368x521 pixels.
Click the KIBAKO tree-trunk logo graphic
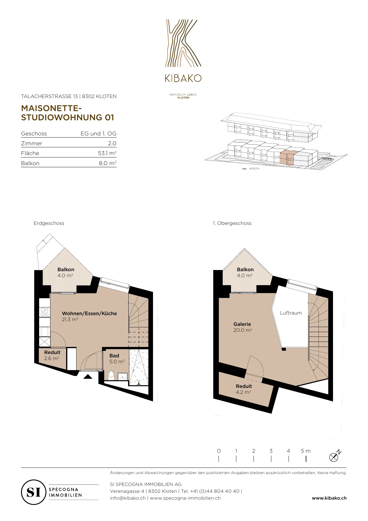183,43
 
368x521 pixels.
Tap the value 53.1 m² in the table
107,153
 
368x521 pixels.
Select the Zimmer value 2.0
112,143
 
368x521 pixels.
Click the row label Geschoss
34,133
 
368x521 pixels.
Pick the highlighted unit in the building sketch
287,157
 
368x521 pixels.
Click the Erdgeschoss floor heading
49,223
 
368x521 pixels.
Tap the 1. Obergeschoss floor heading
232,223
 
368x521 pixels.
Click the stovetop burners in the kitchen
45,312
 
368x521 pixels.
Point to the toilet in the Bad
111,375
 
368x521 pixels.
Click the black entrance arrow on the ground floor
88,377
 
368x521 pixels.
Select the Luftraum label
291,313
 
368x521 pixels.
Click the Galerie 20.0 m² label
243,327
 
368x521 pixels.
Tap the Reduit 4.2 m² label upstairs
244,389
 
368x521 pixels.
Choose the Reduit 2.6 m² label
52,355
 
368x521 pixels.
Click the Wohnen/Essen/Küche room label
89,316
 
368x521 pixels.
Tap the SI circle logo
34,492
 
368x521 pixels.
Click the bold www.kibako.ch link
329,498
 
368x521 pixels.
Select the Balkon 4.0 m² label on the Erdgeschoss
66,272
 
